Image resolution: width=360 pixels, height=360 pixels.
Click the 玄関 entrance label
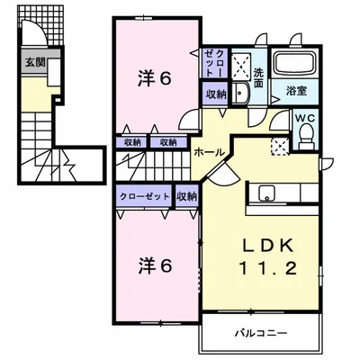pos(34,63)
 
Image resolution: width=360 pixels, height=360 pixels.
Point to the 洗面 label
pos(258,77)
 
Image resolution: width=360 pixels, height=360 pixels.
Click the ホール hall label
pos(209,153)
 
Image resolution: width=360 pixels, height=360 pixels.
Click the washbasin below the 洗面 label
pos(240,94)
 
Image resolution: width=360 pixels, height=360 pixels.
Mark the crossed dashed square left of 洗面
pos(240,65)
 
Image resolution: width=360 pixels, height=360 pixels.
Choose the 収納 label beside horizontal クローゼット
pos(187,196)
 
